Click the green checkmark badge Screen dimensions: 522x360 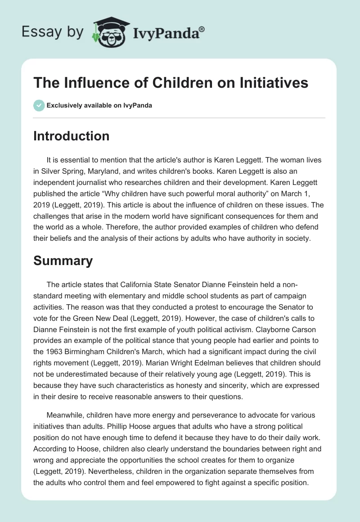(38, 105)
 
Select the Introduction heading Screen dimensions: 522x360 (71, 136)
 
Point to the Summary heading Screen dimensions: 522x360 (63, 261)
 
